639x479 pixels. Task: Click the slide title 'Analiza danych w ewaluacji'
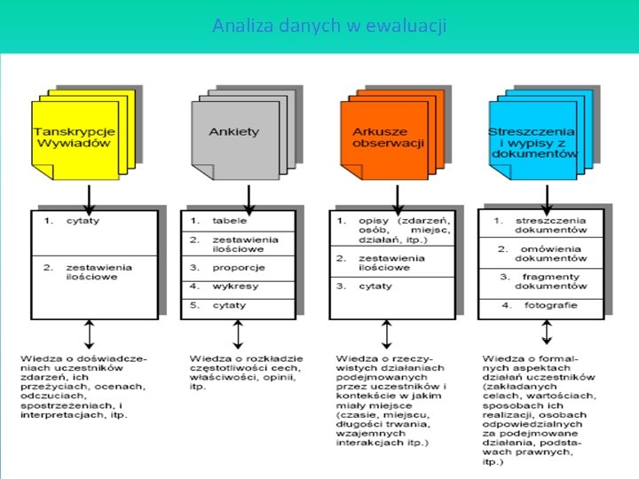pos(329,26)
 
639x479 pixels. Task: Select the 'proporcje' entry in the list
pos(234,266)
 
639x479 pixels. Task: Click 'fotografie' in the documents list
pos(549,305)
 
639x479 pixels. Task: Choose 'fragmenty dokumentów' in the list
pos(551,281)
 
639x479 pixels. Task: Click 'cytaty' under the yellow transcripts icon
pos(83,220)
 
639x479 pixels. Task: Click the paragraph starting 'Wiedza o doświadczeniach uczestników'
pos(85,387)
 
